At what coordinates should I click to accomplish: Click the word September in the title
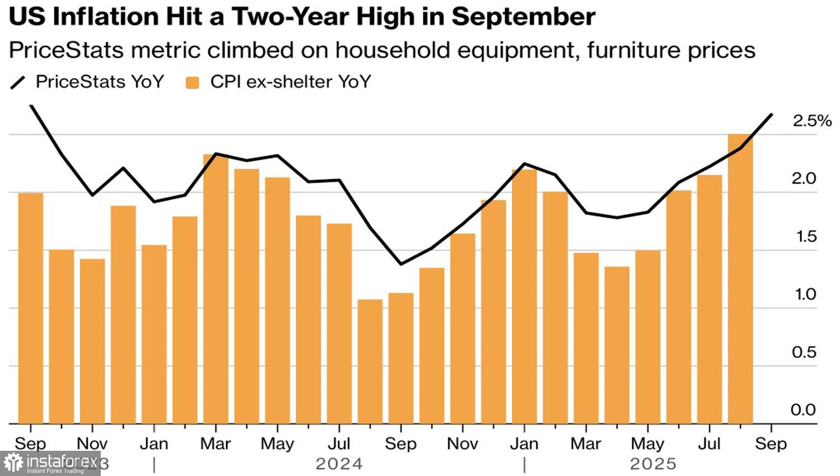pyautogui.click(x=523, y=17)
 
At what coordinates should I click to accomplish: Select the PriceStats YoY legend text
pyautogui.click(x=100, y=82)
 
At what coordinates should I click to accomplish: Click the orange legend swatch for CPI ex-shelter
pyautogui.click(x=193, y=83)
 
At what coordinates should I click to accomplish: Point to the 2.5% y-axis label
pyautogui.click(x=811, y=121)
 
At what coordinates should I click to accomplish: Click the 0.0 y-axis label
pyautogui.click(x=803, y=410)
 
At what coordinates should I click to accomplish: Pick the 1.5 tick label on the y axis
pyautogui.click(x=806, y=237)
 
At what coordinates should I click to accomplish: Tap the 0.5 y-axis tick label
pyautogui.click(x=804, y=352)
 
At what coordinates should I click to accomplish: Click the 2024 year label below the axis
pyautogui.click(x=339, y=464)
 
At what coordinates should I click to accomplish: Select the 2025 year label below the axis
pyautogui.click(x=653, y=464)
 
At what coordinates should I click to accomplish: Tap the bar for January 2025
pyautogui.click(x=524, y=296)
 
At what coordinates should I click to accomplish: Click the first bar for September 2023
pyautogui.click(x=31, y=308)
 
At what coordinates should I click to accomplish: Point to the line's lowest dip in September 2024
pyautogui.click(x=401, y=264)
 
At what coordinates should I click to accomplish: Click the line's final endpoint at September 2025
pyautogui.click(x=772, y=115)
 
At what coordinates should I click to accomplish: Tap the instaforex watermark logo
pyautogui.click(x=50, y=463)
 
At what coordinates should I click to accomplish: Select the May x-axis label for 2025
pyautogui.click(x=647, y=444)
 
